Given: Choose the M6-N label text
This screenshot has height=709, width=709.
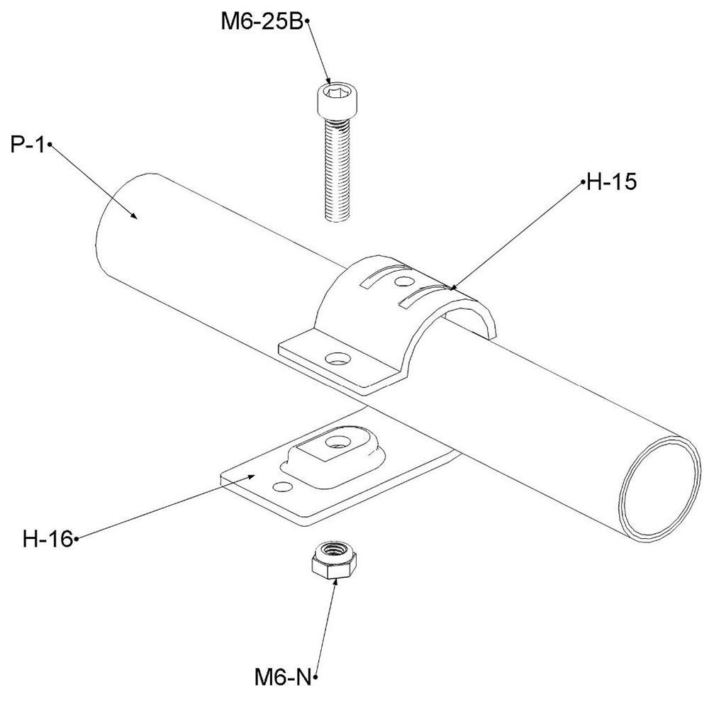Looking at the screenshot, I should pyautogui.click(x=283, y=678).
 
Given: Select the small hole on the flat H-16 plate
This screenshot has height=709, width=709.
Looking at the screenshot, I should pyautogui.click(x=282, y=486).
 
